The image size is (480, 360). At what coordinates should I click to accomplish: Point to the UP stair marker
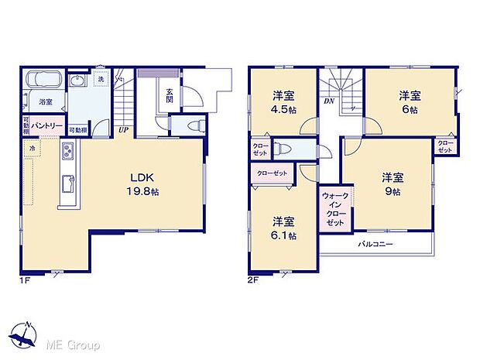pyautogui.click(x=123, y=130)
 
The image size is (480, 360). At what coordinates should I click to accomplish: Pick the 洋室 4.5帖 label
pyautogui.click(x=283, y=101)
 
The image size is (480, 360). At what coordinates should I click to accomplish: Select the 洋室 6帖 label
pyautogui.click(x=410, y=101)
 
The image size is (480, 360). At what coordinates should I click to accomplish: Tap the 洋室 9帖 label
pyautogui.click(x=390, y=183)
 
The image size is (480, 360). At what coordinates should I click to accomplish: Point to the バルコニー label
pyautogui.click(x=375, y=245)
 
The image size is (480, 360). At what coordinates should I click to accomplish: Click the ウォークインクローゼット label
pyautogui.click(x=334, y=207)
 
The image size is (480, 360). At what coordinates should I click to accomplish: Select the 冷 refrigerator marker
pyautogui.click(x=33, y=146)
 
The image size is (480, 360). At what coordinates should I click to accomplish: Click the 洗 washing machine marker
pyautogui.click(x=101, y=80)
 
